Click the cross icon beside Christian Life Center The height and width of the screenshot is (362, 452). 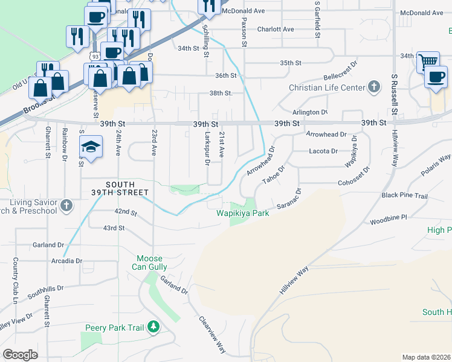pyautogui.click(x=374, y=87)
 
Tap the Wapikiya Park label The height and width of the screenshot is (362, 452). pyautogui.click(x=243, y=214)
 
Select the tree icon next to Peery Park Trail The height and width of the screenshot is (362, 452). pyautogui.click(x=153, y=327)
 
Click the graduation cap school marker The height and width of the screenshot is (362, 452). pyautogui.click(x=91, y=148)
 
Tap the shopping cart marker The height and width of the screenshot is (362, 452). pyautogui.click(x=428, y=61)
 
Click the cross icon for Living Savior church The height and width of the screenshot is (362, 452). pyautogui.click(x=66, y=206)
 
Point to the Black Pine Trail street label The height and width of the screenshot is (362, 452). pyautogui.click(x=404, y=196)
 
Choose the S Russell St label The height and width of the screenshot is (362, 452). pyautogui.click(x=393, y=94)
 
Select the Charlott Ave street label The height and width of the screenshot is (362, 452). pyautogui.click(x=276, y=29)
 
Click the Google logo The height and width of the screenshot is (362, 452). pyautogui.click(x=20, y=355)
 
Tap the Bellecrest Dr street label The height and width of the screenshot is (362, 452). pyautogui.click(x=341, y=74)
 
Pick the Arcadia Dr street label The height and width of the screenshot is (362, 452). pyautogui.click(x=66, y=261)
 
